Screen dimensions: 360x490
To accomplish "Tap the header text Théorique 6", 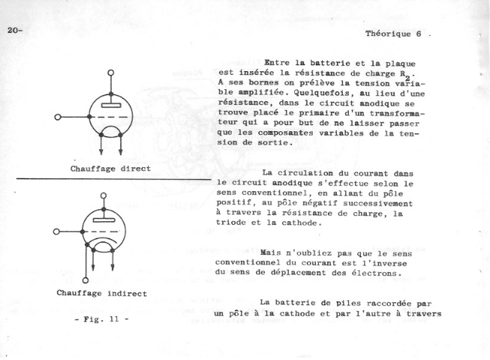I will coord(394,34).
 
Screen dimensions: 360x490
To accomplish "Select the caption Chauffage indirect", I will coord(101,292).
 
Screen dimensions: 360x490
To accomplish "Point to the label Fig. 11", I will coord(101,320).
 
